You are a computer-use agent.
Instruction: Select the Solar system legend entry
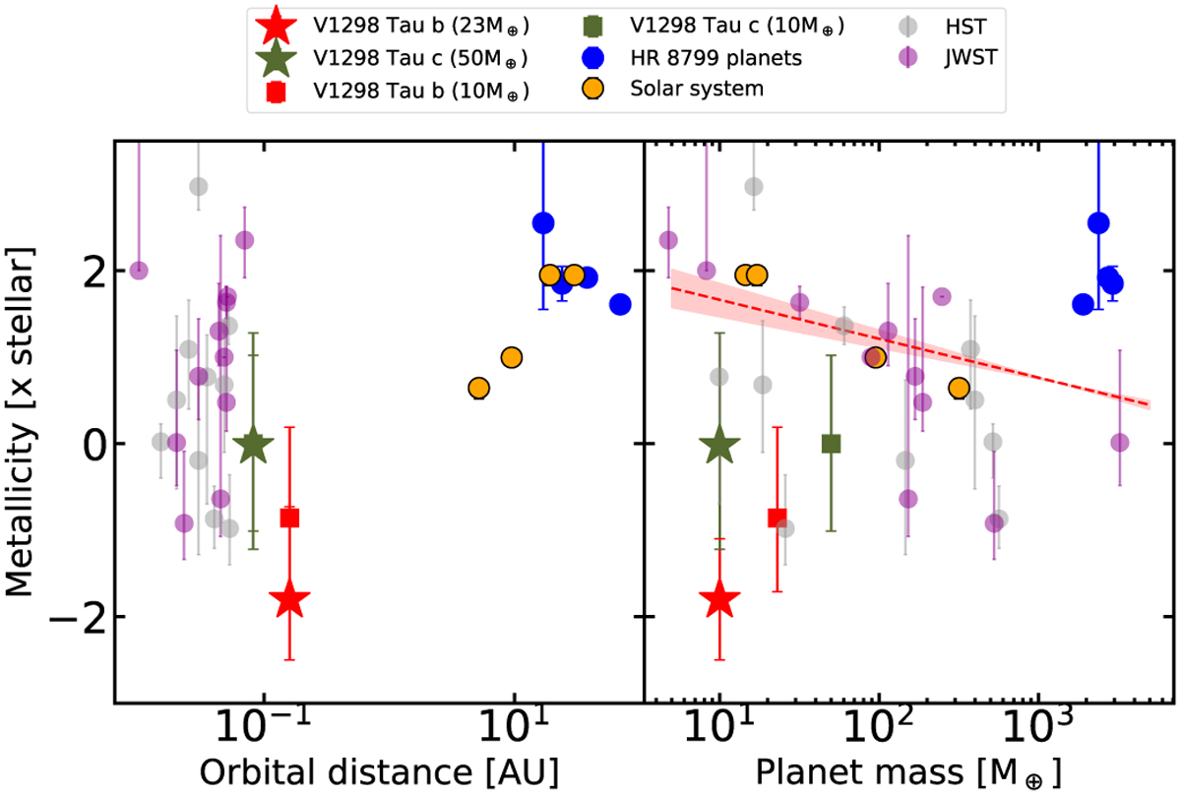coord(696,88)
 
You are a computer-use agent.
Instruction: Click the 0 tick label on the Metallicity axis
coord(83,444)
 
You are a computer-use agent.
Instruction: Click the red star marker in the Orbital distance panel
coord(289,598)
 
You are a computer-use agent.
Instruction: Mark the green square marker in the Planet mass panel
coord(831,444)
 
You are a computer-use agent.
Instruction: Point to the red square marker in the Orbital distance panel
coord(289,519)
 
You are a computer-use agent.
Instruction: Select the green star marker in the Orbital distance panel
coord(254,445)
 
